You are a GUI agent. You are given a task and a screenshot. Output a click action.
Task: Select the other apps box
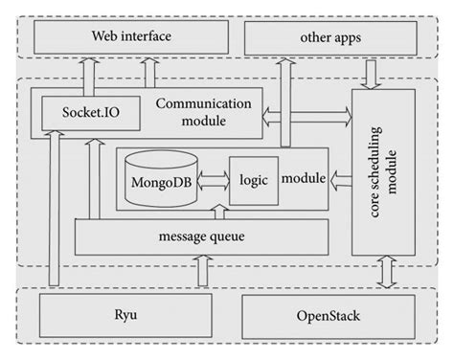pyautogui.click(x=331, y=38)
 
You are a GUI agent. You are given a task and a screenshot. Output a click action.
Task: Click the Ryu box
pyautogui.click(x=125, y=315)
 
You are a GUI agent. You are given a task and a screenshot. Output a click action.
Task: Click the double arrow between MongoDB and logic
pyautogui.click(x=212, y=179)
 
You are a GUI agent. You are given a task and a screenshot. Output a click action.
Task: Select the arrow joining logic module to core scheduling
pyautogui.click(x=340, y=179)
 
